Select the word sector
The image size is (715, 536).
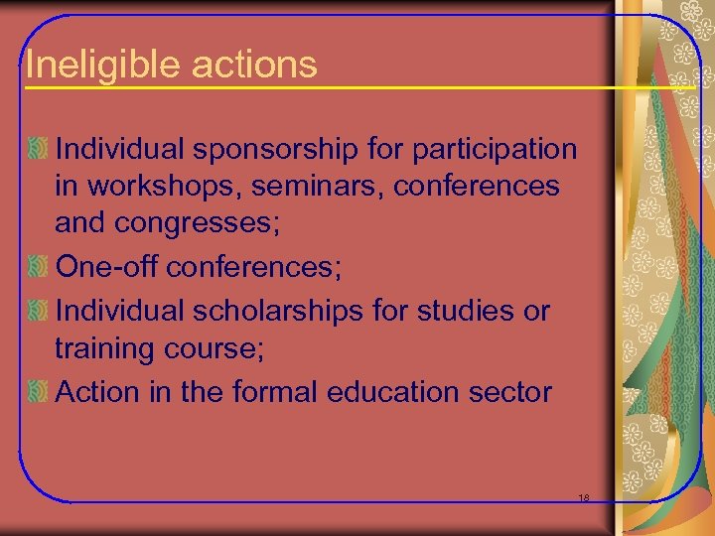516,392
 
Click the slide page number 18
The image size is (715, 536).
584,498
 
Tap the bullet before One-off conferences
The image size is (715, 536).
38,268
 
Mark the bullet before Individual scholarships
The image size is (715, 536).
38,312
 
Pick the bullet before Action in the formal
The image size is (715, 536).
38,393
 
